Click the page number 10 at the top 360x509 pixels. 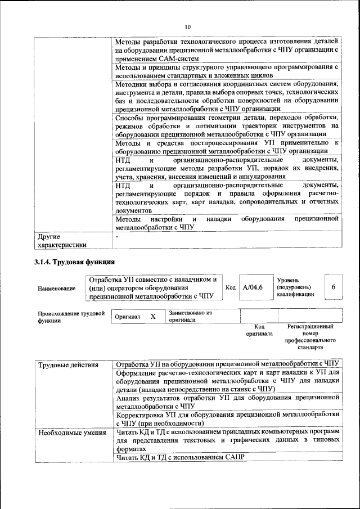point(187,26)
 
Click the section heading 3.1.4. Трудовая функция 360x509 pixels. point(74,262)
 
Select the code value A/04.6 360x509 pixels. point(252,287)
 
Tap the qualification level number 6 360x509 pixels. point(333,287)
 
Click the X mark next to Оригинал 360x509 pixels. point(152,317)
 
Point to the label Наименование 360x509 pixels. point(56,289)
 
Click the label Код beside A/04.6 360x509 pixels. point(231,287)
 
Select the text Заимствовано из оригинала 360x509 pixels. point(190,316)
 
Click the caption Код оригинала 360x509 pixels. point(259,330)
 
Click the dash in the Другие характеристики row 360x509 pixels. point(116,237)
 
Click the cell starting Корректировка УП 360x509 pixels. point(227,418)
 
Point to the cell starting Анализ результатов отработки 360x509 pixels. point(227,401)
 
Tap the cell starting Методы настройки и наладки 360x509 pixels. point(227,223)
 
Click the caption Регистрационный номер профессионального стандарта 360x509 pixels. point(310,337)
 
